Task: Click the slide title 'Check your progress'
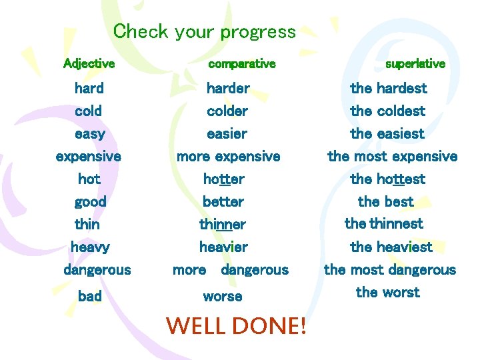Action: [204, 31]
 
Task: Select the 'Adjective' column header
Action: [89, 64]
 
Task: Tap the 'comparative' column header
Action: [241, 64]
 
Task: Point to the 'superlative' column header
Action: [415, 64]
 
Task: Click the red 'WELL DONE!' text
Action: [236, 325]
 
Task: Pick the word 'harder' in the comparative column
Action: [228, 88]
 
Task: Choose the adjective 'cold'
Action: [89, 111]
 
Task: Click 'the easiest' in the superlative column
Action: [387, 133]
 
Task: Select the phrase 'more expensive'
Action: [228, 157]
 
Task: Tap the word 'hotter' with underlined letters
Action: [224, 179]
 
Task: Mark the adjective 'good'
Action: [91, 201]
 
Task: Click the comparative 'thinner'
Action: [223, 224]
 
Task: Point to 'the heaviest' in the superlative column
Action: [391, 247]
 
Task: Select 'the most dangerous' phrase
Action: [389, 270]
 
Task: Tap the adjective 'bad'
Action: [90, 296]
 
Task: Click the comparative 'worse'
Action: [223, 296]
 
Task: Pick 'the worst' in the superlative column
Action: [387, 292]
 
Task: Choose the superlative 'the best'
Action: [385, 201]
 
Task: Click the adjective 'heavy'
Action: [90, 247]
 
